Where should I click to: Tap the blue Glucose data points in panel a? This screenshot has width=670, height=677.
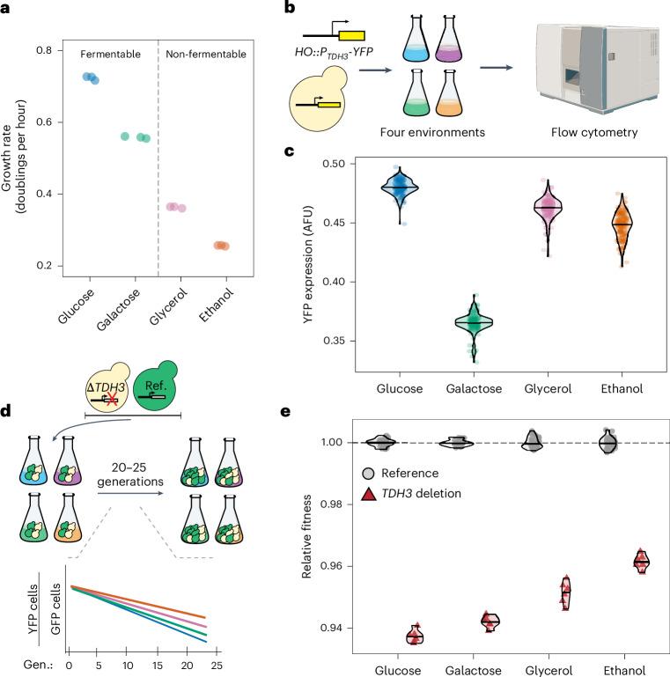(91, 78)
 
